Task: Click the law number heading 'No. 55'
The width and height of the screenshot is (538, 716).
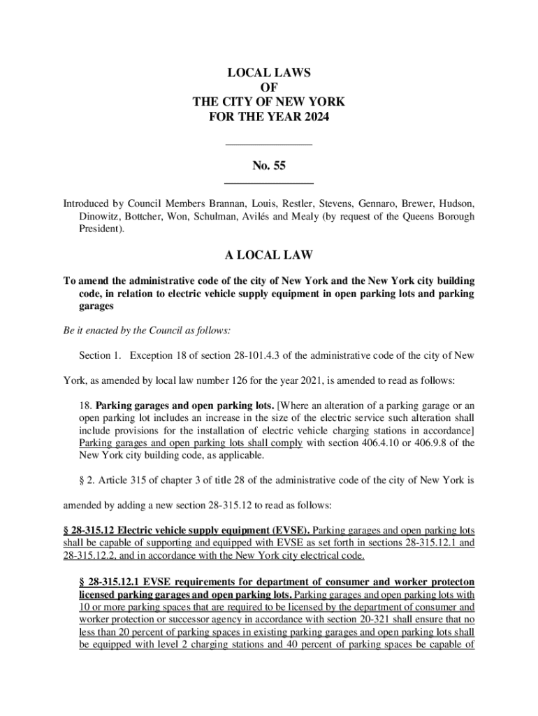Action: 269,166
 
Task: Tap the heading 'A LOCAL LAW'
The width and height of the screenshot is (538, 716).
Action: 269,255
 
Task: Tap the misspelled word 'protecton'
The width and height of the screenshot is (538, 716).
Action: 452,582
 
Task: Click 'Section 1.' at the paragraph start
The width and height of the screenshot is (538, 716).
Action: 101,356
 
